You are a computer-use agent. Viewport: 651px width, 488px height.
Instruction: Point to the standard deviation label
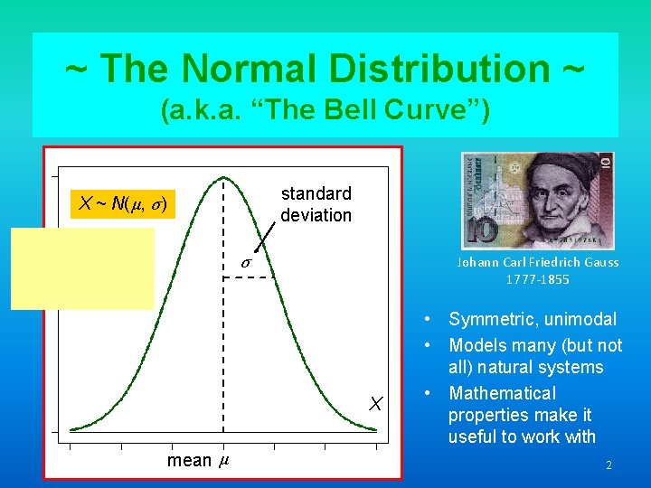point(316,204)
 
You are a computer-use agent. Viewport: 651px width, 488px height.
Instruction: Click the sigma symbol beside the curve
point(246,262)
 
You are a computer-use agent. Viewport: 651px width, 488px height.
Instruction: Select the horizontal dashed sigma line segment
point(247,277)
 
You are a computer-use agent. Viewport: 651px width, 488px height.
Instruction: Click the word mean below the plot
point(189,461)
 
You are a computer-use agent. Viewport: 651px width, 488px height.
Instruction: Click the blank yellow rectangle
point(83,268)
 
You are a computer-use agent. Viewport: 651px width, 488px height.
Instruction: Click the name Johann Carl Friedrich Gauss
point(537,263)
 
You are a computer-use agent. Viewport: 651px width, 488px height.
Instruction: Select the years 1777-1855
point(537,279)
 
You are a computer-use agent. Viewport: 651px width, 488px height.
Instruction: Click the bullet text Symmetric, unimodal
point(533,319)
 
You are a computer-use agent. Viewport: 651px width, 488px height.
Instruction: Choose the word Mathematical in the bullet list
point(502,393)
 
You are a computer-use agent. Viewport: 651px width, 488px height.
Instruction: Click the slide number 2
point(609,465)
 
